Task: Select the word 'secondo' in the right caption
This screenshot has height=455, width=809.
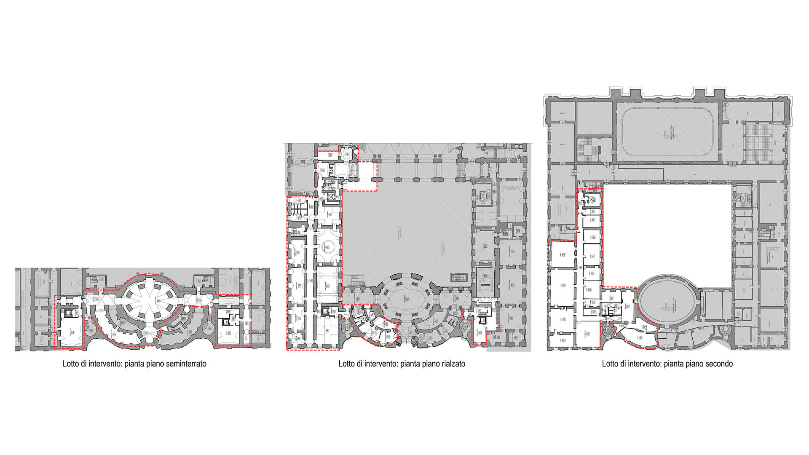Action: point(719,364)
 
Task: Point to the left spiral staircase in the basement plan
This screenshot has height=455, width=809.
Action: point(89,331)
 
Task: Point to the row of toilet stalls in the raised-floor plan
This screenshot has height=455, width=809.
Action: point(298,209)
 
